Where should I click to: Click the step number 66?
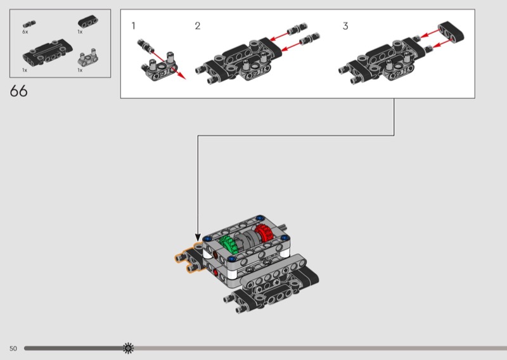[19, 91]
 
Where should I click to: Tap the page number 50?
[13, 349]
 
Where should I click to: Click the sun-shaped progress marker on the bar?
[129, 348]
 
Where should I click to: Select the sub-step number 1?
[133, 26]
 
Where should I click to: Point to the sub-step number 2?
[198, 26]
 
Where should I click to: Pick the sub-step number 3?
[345, 26]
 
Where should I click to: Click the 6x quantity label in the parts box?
[25, 32]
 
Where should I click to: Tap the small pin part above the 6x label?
[29, 24]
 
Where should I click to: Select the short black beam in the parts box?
[88, 22]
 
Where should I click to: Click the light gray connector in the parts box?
[88, 58]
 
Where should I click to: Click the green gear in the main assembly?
[229, 245]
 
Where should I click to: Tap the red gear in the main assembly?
[264, 233]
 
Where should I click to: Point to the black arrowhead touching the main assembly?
[198, 238]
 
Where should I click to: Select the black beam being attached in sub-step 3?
[451, 32]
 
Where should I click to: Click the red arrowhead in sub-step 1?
[182, 75]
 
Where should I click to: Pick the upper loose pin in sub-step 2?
[297, 29]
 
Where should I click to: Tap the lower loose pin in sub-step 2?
[309, 39]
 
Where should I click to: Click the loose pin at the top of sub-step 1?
[146, 46]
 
